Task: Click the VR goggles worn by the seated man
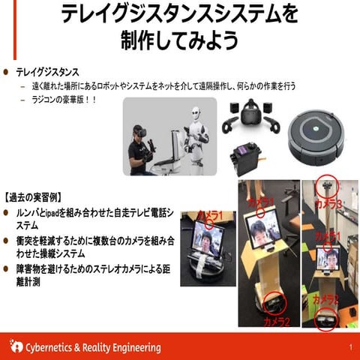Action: coord(139,134)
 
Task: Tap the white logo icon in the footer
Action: coord(16,346)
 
